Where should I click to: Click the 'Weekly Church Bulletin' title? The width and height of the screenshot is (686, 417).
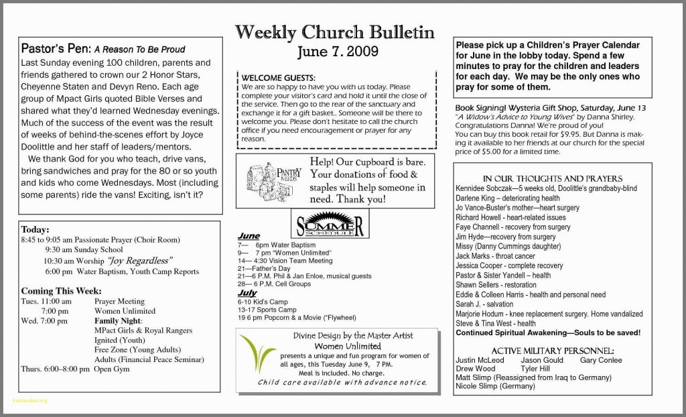(x=334, y=31)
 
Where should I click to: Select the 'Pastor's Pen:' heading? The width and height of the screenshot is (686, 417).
(x=56, y=49)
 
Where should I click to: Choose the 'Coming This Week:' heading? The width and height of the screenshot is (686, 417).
(x=62, y=291)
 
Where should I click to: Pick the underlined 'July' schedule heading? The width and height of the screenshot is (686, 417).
(x=247, y=293)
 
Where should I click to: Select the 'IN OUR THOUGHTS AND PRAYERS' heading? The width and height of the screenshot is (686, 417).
(x=552, y=178)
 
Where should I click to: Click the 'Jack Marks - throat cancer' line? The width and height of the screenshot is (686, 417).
(x=495, y=256)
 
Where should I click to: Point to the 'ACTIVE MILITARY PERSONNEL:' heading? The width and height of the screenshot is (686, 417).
(x=553, y=351)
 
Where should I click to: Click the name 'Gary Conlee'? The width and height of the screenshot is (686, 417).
(x=601, y=360)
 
